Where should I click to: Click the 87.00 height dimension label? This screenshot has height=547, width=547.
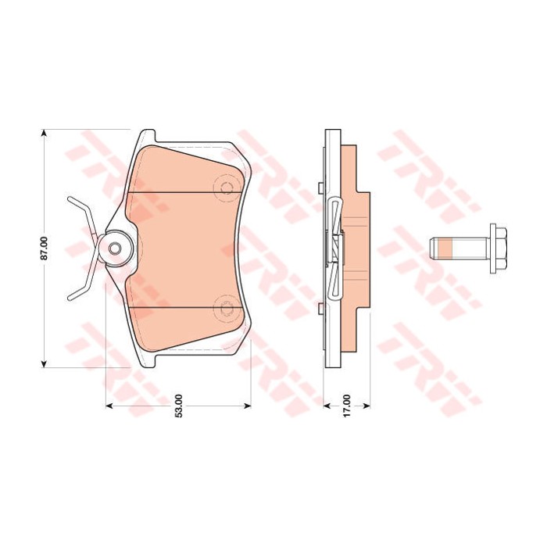(44, 248)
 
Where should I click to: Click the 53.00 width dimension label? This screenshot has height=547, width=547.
(179, 406)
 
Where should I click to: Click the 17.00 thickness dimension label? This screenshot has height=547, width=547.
(346, 406)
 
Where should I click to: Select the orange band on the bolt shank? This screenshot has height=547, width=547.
(445, 248)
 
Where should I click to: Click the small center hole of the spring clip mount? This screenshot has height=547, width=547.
(115, 248)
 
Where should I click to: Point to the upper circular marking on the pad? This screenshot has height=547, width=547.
(227, 188)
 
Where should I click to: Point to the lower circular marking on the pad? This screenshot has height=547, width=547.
(227, 308)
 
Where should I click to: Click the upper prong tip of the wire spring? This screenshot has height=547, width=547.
(70, 199)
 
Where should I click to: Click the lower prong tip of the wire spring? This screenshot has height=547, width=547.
(70, 298)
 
